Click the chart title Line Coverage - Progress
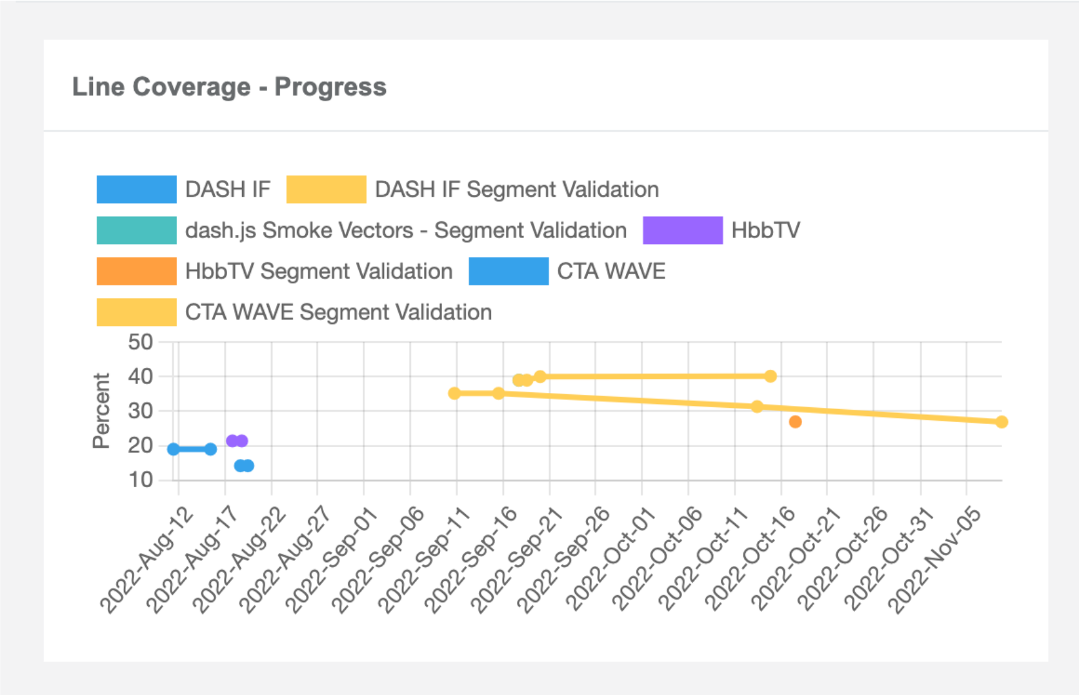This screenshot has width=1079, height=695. [229, 87]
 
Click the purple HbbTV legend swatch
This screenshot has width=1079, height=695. [682, 230]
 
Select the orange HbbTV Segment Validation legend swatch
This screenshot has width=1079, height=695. [136, 271]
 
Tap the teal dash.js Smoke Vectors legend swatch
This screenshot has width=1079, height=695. [136, 230]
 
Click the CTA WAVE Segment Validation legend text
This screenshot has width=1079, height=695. [338, 312]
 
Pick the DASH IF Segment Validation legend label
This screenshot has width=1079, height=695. [516, 190]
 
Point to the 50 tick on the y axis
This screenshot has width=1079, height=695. [141, 342]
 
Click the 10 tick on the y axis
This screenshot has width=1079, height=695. [141, 479]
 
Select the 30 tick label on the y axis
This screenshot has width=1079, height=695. [141, 411]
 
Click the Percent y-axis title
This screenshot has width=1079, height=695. [101, 410]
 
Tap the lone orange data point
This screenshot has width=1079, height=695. [795, 422]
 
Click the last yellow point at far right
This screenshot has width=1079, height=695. [1001, 422]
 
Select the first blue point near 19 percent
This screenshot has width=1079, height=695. [174, 449]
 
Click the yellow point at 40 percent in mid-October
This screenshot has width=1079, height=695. [770, 376]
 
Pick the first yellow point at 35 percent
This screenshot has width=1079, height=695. [454, 393]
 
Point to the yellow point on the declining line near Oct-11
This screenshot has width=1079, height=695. [757, 407]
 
